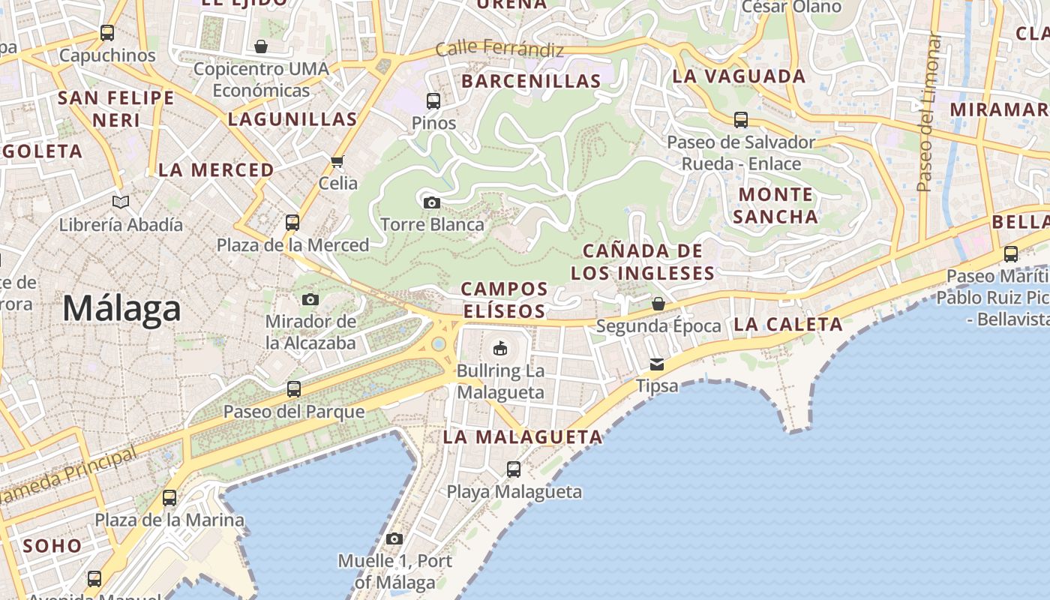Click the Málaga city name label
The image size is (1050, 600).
[x=121, y=308]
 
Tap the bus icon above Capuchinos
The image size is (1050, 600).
[x=107, y=33]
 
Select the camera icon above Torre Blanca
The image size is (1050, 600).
[x=431, y=202]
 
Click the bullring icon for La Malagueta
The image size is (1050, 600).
[x=500, y=348]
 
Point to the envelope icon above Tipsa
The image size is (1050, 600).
[x=657, y=364]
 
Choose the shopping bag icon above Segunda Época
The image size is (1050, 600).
[x=658, y=304]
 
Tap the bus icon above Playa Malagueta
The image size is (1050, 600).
[x=514, y=469]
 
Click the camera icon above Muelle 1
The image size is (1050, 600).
[x=394, y=538]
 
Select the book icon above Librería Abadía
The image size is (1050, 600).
[x=121, y=202]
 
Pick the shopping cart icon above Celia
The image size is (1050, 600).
[x=337, y=161]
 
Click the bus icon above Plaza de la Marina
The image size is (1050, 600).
[x=169, y=497]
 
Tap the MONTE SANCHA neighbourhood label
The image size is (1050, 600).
[x=775, y=205]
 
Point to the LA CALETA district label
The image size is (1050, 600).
[x=788, y=325]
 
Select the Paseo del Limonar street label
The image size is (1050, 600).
[x=929, y=112]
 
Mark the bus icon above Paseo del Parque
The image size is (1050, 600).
[x=294, y=388]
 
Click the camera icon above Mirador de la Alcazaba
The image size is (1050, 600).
[x=310, y=300]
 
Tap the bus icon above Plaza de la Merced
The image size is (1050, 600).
[x=292, y=222]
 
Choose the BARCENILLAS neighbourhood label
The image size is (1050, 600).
[x=531, y=81]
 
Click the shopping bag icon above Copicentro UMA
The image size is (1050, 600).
[x=261, y=46]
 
